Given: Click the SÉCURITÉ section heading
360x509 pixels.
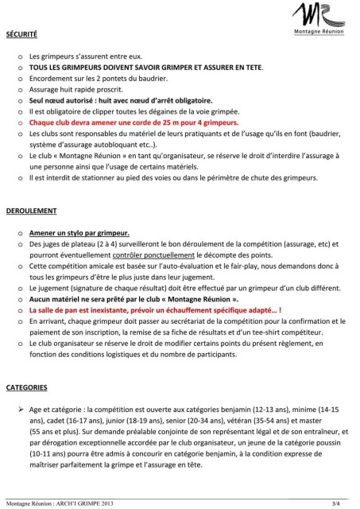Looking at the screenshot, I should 21,35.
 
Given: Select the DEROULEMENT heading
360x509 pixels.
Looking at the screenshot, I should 31,212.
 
